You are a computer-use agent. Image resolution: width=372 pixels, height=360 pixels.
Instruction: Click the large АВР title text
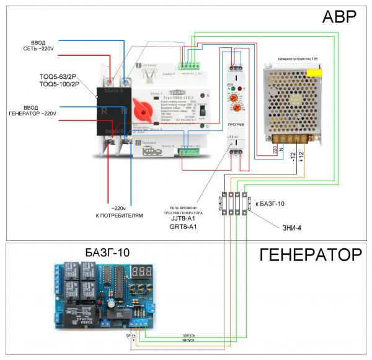339,17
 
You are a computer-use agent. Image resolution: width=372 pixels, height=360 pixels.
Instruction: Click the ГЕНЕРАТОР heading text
310,255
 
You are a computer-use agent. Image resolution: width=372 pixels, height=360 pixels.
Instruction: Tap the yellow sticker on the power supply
316,72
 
